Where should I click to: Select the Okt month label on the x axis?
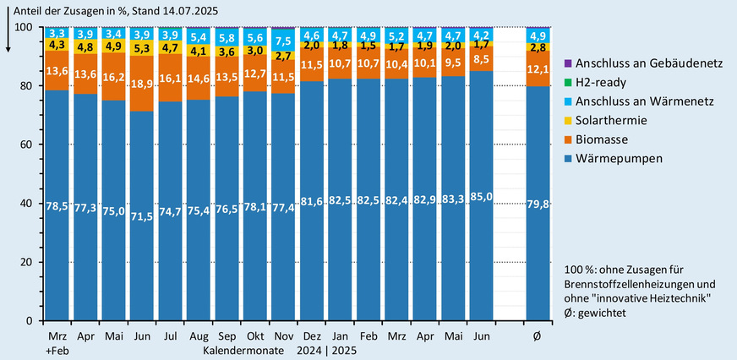253,335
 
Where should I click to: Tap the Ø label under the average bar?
538,335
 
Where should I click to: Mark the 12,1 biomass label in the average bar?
539,68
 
